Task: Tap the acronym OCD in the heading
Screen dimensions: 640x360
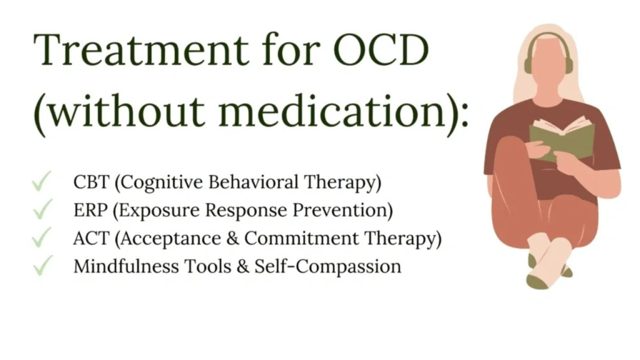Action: pyautogui.click(x=381, y=50)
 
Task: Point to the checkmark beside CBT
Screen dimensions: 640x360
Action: pyautogui.click(x=42, y=181)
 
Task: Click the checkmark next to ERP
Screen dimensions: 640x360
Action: pyautogui.click(x=42, y=209)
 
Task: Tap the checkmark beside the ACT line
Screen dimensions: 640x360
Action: pyautogui.click(x=42, y=237)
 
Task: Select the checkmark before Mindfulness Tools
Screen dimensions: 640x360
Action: pyautogui.click(x=42, y=266)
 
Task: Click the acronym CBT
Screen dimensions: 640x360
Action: pyautogui.click(x=91, y=182)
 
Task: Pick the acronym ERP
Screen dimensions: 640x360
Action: pyautogui.click(x=91, y=210)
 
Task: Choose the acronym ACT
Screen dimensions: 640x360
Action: pyautogui.click(x=91, y=238)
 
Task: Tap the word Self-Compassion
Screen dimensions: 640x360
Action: pyautogui.click(x=328, y=267)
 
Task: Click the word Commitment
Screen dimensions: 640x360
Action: pyautogui.click(x=301, y=238)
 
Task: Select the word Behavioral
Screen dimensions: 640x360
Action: pyautogui.click(x=254, y=182)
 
